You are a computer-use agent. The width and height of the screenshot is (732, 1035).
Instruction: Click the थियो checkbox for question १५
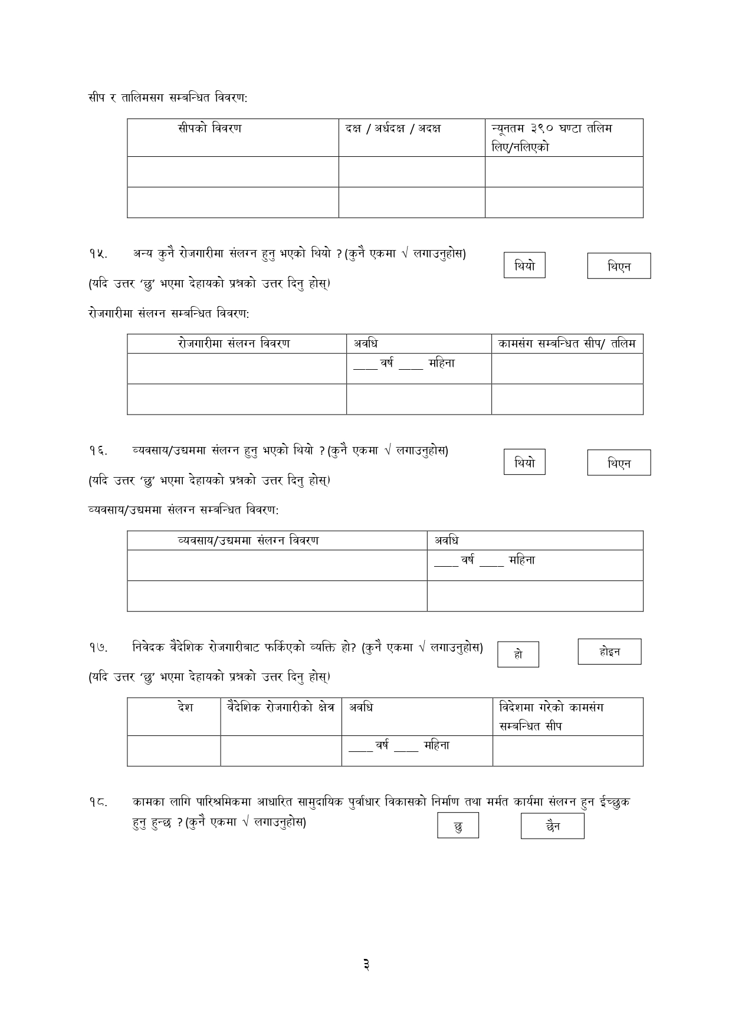pos(524,265)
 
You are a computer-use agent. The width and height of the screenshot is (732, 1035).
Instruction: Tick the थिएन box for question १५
pos(619,266)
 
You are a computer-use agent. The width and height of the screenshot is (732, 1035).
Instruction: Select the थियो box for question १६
pos(524,462)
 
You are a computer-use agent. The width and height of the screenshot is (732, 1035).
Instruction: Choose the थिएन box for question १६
pos(619,462)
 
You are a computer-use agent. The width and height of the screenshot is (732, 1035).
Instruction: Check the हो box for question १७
pos(518,654)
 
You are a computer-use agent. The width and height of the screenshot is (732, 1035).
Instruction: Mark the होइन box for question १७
pos(609,652)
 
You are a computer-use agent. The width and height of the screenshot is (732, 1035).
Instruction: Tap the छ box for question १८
pos(458,826)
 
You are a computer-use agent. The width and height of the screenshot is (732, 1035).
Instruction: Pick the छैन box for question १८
pos(552,826)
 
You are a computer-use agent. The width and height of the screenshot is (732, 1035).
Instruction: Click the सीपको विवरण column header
pos(209,128)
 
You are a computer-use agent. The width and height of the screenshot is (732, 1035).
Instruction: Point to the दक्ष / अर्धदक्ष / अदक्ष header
pos(393,128)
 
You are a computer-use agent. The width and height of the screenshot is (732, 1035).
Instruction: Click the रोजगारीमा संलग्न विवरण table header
pos(234,343)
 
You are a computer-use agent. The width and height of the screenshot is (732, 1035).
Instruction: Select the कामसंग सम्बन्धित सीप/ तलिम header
pos(567,343)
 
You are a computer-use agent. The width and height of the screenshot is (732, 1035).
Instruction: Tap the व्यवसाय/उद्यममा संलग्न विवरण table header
pos(248,540)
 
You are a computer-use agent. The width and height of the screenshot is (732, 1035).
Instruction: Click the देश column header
pos(185,707)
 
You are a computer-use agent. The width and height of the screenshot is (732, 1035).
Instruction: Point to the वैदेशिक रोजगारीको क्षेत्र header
pos(281,707)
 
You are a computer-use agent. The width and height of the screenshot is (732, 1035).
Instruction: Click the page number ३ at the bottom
pos(366,965)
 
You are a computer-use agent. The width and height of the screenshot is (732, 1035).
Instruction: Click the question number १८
pos(98,802)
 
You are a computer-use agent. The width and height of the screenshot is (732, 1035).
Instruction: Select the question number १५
pos(98,254)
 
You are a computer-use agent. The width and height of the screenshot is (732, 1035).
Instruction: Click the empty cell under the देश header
pos(174,751)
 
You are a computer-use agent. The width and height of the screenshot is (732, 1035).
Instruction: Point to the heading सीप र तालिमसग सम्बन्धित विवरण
pos(168,97)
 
